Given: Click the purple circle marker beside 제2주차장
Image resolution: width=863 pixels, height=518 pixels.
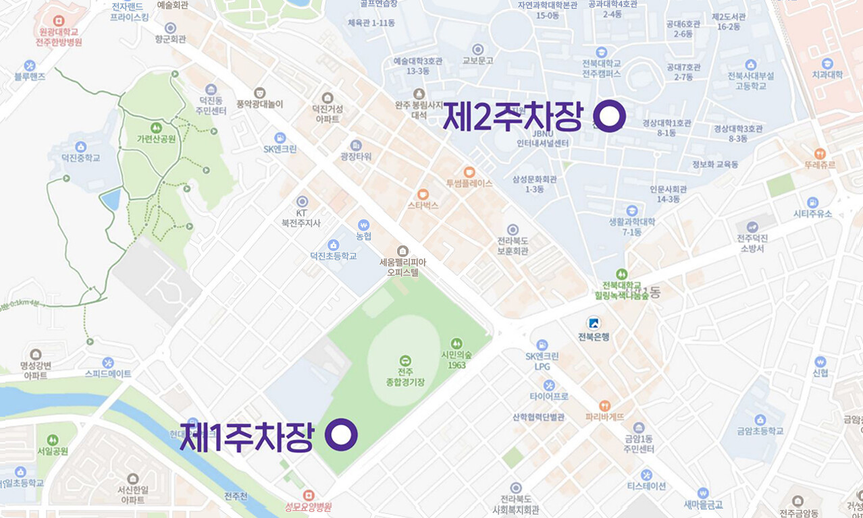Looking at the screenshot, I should (x=609, y=116).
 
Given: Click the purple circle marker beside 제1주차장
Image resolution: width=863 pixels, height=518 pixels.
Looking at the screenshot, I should (x=341, y=435).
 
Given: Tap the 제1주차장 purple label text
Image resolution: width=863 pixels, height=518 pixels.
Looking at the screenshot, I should (x=246, y=436).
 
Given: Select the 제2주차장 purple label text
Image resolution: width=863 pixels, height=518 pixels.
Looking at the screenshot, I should (x=512, y=118).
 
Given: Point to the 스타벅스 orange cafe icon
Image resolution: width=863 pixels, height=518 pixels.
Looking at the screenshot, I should (x=423, y=194).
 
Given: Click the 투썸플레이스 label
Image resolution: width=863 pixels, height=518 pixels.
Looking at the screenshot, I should (x=469, y=183).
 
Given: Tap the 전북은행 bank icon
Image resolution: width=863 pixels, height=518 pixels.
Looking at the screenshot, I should (x=594, y=323).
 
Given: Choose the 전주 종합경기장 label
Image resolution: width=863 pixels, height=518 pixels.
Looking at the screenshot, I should (x=405, y=377).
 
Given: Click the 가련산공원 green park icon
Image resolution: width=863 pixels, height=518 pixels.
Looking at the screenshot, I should (x=156, y=127).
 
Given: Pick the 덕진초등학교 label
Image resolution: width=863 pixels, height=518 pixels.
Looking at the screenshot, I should (x=333, y=256).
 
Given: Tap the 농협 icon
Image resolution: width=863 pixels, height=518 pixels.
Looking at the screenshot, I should (x=364, y=225).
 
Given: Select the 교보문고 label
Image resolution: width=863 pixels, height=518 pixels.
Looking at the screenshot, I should (x=478, y=60).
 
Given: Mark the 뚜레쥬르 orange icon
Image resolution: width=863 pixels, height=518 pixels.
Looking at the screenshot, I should (x=820, y=153).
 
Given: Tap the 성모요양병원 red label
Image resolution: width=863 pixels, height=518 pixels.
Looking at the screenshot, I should (x=309, y=507).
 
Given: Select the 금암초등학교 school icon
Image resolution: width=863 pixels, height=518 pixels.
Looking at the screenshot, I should (x=760, y=420).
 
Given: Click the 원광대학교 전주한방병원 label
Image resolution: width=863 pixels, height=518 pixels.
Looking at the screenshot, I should (x=59, y=36).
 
